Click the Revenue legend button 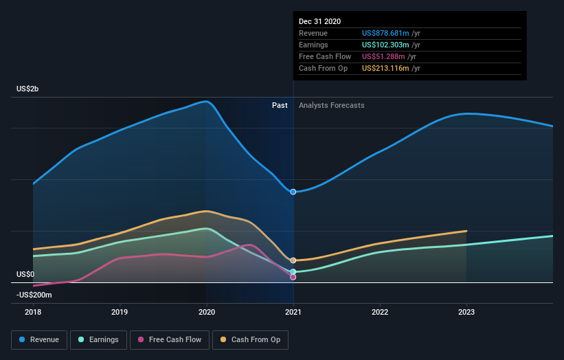pos(40,339)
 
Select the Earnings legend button pos(98,339)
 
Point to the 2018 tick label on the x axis pos(33,311)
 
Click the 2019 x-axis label pos(120,311)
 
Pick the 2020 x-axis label pos(207,311)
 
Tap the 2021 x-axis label pos(293,311)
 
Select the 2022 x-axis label pos(380,311)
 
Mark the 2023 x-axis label pos(466,311)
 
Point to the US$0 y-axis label pos(26,274)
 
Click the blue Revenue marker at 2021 pos(293,192)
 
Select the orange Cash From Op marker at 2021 pos(293,260)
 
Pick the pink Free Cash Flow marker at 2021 pos(293,277)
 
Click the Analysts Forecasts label pos(331,105)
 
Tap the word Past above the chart pos(280,105)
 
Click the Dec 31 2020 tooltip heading pos(319,22)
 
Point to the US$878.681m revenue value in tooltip pos(385,33)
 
